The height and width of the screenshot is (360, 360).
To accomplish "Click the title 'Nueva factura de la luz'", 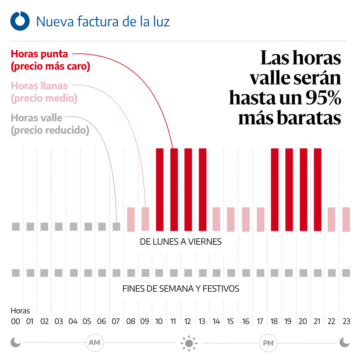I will point(103,21).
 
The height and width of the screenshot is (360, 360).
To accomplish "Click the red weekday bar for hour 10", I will point(160,189).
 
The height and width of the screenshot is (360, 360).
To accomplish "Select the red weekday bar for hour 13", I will point(202,189).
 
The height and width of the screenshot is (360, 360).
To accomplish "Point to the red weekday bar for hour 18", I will point(275,189).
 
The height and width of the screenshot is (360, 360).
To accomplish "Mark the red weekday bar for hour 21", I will point(317,189).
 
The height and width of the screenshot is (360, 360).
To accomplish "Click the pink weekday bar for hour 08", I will point(131,219).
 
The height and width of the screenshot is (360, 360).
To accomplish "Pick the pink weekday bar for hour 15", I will point(231,219).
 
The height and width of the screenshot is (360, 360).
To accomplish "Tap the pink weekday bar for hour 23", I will point(346,219).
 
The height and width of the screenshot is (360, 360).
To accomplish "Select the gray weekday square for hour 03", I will point(59,226).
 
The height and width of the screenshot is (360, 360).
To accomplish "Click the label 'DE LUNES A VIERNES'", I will point(181,242).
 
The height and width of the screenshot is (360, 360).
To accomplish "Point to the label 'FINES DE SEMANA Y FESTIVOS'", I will point(181,289).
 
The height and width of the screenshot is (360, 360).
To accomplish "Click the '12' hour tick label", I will point(188,322).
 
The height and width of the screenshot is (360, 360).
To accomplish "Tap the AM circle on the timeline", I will point(94,342).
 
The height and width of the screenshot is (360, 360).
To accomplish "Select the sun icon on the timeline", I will point(188,342).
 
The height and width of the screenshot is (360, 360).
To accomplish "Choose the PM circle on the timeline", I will point(267,342).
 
